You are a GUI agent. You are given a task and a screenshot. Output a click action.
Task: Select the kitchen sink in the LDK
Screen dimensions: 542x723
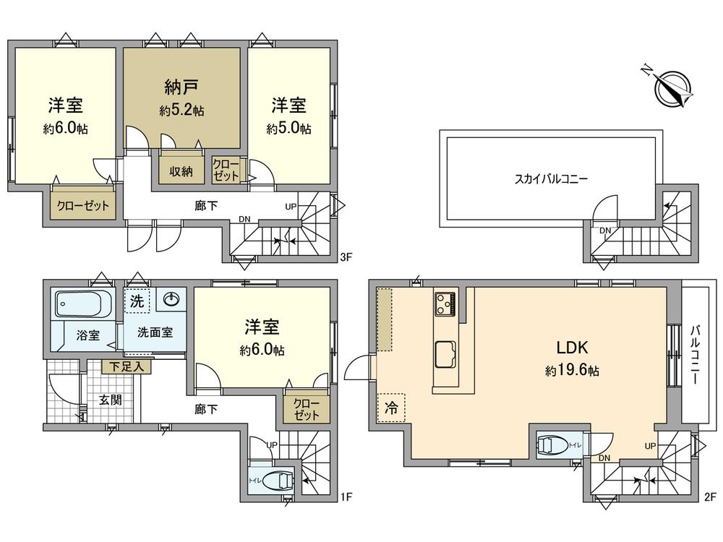pyautogui.click(x=444, y=355)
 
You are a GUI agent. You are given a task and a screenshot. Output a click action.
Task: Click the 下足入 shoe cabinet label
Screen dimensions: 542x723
pyautogui.click(x=127, y=367)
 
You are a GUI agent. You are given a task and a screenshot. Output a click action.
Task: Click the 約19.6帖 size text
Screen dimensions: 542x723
pyautogui.click(x=572, y=371)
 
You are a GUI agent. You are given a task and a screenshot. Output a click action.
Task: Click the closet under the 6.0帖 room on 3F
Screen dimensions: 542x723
pyautogui.click(x=83, y=205)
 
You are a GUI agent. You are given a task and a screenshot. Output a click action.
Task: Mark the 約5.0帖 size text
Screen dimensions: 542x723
pyautogui.click(x=288, y=129)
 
